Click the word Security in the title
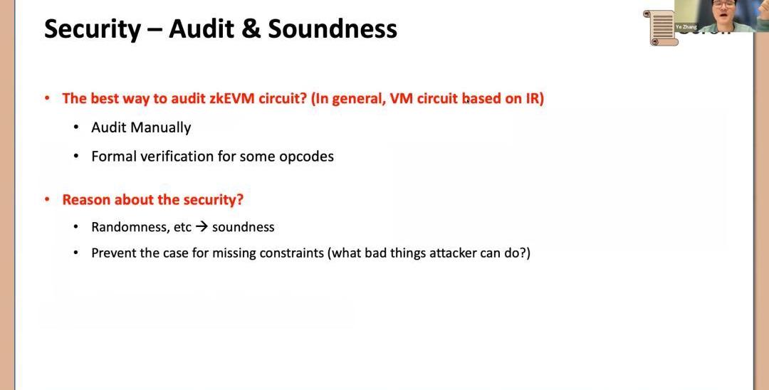(x=92, y=29)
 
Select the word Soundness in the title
(x=333, y=29)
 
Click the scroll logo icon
(x=661, y=28)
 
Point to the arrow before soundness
(x=201, y=227)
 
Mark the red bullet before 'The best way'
(x=47, y=98)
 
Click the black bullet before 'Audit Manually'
(x=76, y=128)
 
